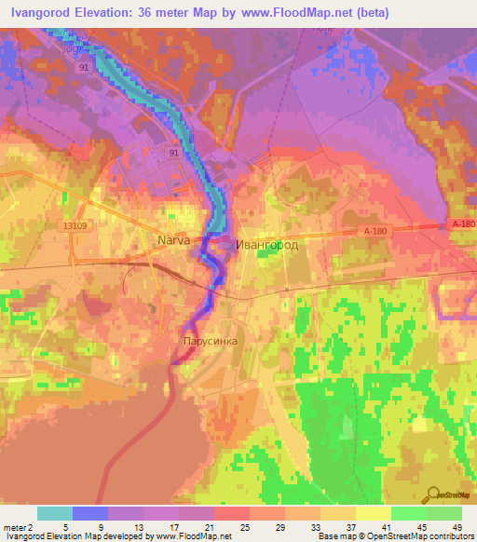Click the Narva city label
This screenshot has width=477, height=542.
(173, 240)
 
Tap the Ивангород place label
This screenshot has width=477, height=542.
(267, 244)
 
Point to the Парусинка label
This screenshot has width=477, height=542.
(210, 341)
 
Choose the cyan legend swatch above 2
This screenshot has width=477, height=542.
(55, 513)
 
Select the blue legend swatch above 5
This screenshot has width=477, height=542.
(90, 513)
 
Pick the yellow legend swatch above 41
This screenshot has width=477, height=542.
(374, 513)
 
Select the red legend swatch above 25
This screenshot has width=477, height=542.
(232, 513)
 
